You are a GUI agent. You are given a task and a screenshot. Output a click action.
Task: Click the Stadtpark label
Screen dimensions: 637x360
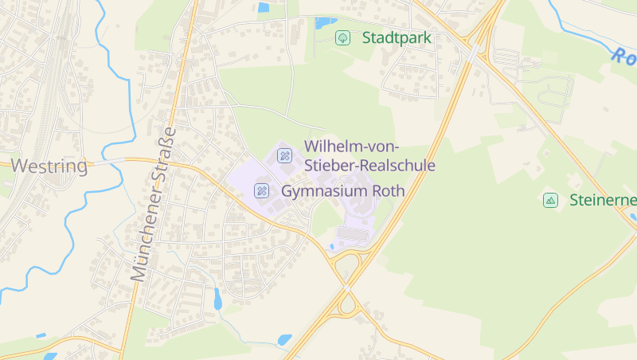coord(397,37)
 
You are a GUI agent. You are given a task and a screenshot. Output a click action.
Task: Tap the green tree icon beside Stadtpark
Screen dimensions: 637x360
coord(342,37)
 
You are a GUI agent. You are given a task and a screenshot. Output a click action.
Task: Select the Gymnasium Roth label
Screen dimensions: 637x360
coord(343,191)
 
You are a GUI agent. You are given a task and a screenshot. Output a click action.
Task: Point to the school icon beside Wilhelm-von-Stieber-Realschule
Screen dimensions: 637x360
coord(284,155)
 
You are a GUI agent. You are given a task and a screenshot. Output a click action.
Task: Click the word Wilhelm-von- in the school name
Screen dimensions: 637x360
coord(352,147)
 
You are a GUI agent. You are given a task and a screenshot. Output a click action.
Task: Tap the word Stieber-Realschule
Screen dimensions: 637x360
coord(369,166)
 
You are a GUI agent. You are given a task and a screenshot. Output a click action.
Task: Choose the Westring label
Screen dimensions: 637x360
coord(50,166)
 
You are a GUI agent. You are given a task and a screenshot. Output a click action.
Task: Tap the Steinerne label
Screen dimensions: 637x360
coord(603,200)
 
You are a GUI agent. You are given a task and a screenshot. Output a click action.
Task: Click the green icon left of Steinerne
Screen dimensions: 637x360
coord(550,200)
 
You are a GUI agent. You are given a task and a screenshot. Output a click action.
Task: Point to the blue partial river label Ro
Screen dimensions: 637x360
coord(624,57)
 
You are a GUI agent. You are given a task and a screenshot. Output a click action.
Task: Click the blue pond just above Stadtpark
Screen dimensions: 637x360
coord(325,22)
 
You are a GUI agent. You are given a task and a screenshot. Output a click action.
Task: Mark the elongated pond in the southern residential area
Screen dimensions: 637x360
coord(217,298)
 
